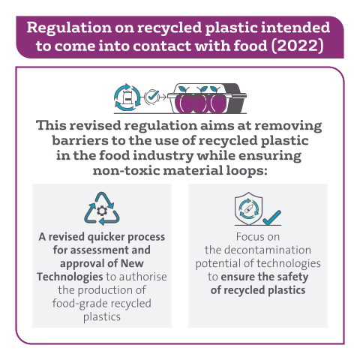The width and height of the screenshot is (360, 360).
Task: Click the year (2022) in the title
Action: [x=298, y=46]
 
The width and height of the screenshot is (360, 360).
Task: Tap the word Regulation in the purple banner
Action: [x=69, y=28]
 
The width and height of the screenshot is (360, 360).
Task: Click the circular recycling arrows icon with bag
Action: [x=127, y=97]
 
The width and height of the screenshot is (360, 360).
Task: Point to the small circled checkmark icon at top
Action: [x=151, y=97]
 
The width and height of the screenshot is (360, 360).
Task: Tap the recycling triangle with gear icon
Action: [x=102, y=208]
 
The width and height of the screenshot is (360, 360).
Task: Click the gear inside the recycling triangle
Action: [x=102, y=211]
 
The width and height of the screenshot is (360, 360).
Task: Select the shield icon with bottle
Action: [x=248, y=208]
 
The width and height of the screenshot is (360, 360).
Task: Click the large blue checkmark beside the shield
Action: [x=272, y=217]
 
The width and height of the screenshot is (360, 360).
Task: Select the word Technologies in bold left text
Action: [x=70, y=277]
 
